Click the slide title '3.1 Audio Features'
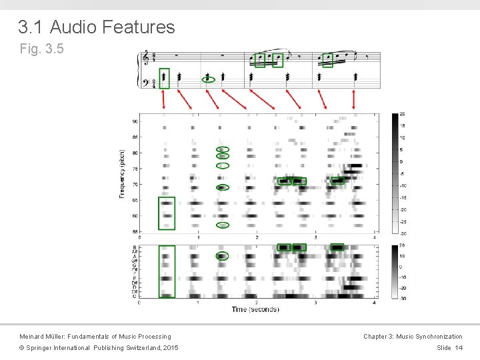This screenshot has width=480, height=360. (97, 27)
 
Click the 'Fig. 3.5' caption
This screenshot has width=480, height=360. (42, 49)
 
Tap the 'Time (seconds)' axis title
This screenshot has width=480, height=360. (255, 309)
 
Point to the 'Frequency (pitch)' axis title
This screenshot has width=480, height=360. (122, 173)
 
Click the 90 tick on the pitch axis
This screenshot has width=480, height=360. (135, 121)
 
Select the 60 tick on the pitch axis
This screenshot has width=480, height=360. (135, 216)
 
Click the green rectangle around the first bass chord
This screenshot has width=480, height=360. (164, 78)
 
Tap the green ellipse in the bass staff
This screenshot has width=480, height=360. (208, 78)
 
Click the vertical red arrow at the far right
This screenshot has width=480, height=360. (353, 99)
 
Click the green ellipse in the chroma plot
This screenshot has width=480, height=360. (223, 256)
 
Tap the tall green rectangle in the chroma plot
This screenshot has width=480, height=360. (167, 271)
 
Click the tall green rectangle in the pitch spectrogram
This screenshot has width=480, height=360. (167, 213)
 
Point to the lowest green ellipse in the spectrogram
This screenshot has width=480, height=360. (223, 225)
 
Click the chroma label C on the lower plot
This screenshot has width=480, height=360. (135, 296)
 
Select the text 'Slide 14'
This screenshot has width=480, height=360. (449, 348)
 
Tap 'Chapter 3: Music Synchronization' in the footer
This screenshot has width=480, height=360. (413, 337)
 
